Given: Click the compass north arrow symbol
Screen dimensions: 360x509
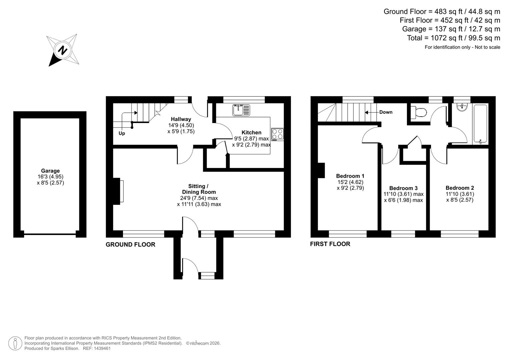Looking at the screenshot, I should pos(63,50).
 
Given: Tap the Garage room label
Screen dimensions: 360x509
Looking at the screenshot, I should pos(50,171).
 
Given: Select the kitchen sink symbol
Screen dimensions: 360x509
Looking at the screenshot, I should pos(242,110).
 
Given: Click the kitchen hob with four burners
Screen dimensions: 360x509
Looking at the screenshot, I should pos(277,134).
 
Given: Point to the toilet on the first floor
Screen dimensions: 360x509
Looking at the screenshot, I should pos(419,112).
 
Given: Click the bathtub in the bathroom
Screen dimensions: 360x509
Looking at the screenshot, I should pos(480,124).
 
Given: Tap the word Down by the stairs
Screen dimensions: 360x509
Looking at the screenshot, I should pos(386,112).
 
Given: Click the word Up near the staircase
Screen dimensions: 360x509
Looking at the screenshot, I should pos(122,133).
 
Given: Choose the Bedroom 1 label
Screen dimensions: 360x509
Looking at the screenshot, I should pos(350,176).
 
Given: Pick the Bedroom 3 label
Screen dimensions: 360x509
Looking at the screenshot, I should pos(403,188).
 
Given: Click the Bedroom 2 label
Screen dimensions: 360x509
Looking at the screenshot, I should pos(460,188).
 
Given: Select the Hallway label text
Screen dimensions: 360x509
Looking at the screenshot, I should pos(181,119).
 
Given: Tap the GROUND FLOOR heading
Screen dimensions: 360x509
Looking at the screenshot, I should pos(130,244).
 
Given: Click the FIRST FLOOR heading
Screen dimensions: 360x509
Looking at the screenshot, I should pos(330,244).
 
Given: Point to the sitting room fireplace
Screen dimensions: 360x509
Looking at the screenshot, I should pos(118,191).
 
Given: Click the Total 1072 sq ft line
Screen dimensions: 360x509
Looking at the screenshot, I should pos(453,38).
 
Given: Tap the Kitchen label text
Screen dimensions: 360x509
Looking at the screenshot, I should pos(251,132).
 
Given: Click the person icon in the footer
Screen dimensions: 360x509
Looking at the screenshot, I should pos(15,343).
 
